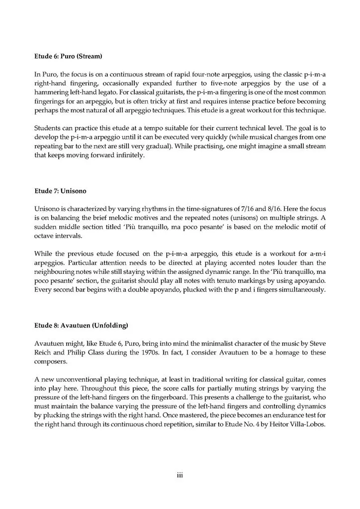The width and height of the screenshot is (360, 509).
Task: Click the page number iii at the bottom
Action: [x=180, y=475]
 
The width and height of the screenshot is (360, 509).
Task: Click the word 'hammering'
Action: [x=53, y=93]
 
